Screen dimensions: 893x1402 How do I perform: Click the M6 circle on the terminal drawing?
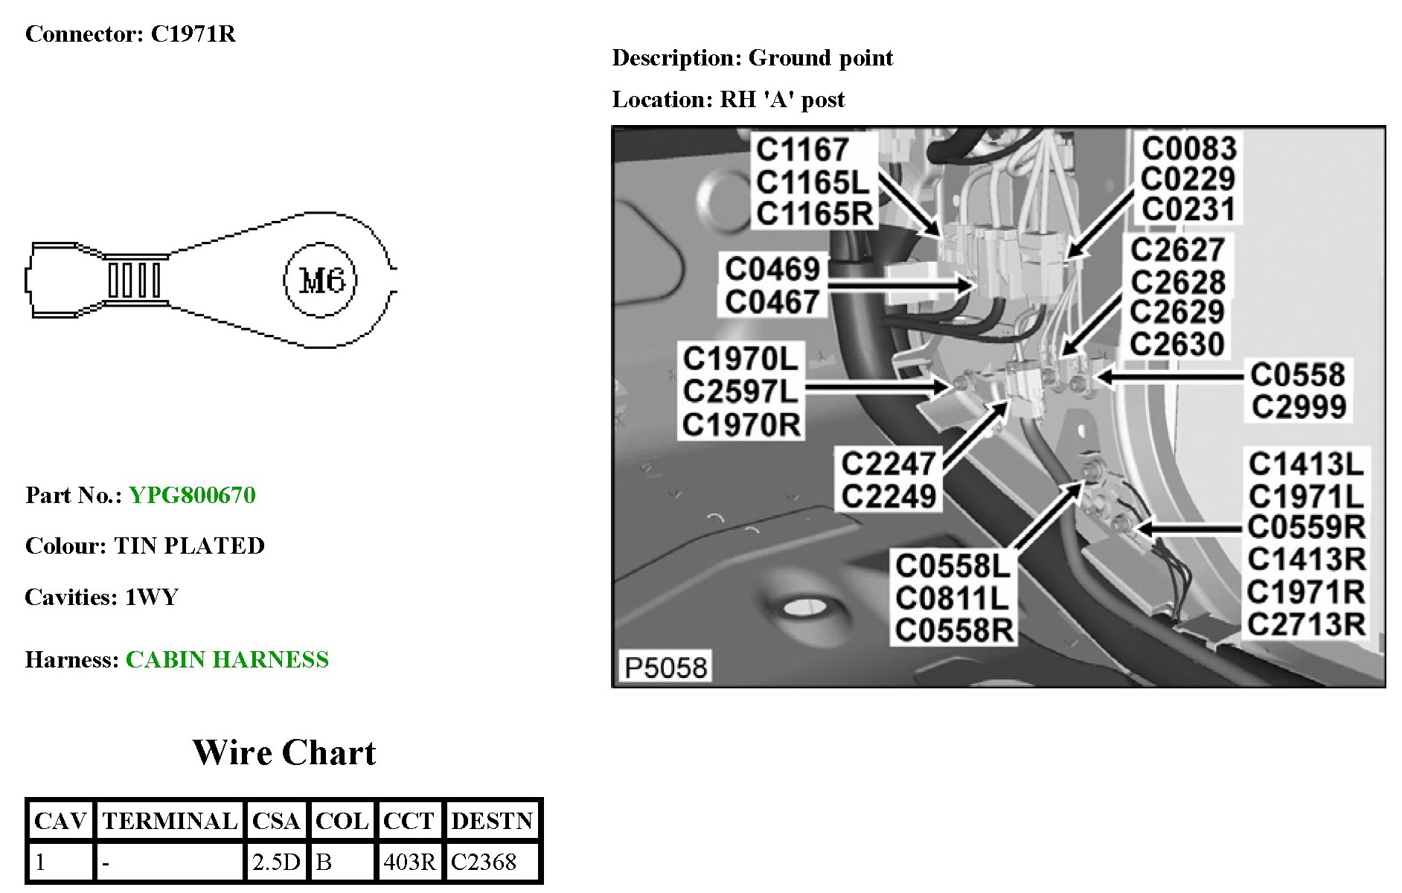pyautogui.click(x=320, y=281)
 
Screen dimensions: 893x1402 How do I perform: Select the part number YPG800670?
pyautogui.click(x=192, y=495)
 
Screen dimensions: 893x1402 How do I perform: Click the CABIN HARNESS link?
pyautogui.click(x=227, y=659)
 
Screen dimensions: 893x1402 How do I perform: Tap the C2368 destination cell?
pyautogui.click(x=484, y=862)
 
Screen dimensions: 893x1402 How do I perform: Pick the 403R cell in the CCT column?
pyautogui.click(x=409, y=862)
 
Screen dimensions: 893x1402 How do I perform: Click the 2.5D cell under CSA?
pyautogui.click(x=276, y=862)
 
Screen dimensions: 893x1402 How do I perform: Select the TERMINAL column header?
pyautogui.click(x=170, y=821)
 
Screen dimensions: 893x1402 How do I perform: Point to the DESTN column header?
pyautogui.click(x=492, y=821)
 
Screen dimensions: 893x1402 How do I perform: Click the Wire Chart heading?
pyautogui.click(x=284, y=752)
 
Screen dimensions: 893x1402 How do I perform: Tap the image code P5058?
pyautogui.click(x=665, y=668)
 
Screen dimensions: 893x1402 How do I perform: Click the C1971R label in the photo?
pyautogui.click(x=1306, y=592)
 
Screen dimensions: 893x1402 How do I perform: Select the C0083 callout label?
pyautogui.click(x=1188, y=149)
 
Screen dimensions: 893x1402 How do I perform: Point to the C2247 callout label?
pyautogui.click(x=888, y=464)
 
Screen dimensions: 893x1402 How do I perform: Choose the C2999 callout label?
pyautogui.click(x=1299, y=406)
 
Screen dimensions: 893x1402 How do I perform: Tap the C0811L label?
pyautogui.click(x=952, y=598)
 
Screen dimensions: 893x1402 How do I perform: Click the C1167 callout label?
pyautogui.click(x=802, y=150)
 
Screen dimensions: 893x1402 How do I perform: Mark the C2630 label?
pyautogui.click(x=1177, y=344)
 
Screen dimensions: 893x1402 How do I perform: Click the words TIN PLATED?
pyautogui.click(x=189, y=545)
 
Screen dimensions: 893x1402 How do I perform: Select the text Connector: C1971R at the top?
pyautogui.click(x=130, y=34)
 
